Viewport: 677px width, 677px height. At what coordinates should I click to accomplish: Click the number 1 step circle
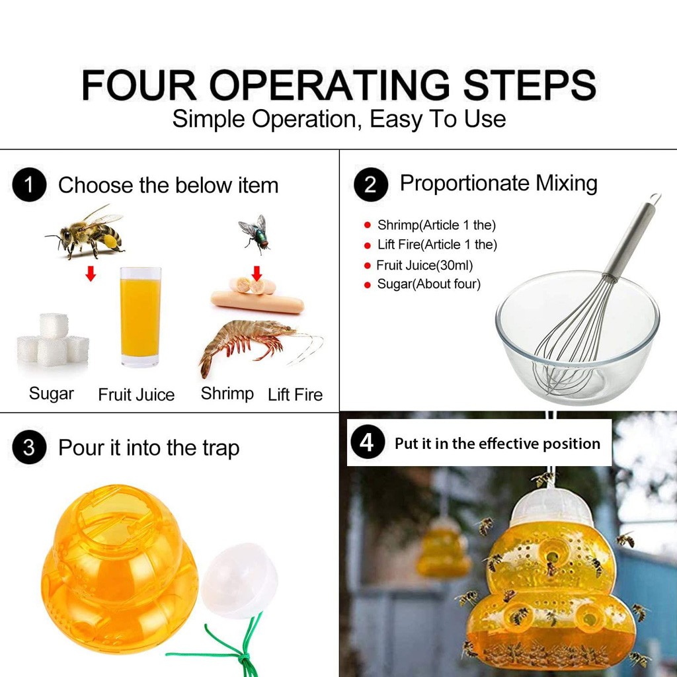(x=29, y=185)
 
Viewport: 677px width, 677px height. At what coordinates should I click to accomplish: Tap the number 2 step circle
(x=371, y=184)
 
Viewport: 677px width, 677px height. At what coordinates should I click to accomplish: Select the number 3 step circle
(x=29, y=447)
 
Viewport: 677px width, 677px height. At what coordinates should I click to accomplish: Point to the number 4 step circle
(x=368, y=442)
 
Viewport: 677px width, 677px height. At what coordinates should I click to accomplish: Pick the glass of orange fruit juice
(x=140, y=317)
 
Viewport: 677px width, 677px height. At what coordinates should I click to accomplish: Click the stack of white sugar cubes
(x=53, y=340)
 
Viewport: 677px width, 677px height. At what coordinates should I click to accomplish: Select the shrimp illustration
(x=259, y=345)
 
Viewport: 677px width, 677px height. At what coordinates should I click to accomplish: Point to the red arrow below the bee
(x=91, y=273)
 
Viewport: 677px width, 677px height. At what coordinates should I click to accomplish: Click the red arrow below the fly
(x=257, y=273)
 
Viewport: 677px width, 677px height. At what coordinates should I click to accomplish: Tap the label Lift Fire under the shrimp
(x=296, y=394)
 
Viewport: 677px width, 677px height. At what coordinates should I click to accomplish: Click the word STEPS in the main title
(x=530, y=85)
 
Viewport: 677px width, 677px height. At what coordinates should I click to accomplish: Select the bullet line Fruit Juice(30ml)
(x=424, y=265)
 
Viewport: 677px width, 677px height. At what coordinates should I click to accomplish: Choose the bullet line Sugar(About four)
(x=428, y=284)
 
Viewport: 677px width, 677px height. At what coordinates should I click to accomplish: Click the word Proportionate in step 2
(x=465, y=184)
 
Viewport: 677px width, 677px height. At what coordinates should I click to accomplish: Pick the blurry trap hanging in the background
(x=444, y=547)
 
